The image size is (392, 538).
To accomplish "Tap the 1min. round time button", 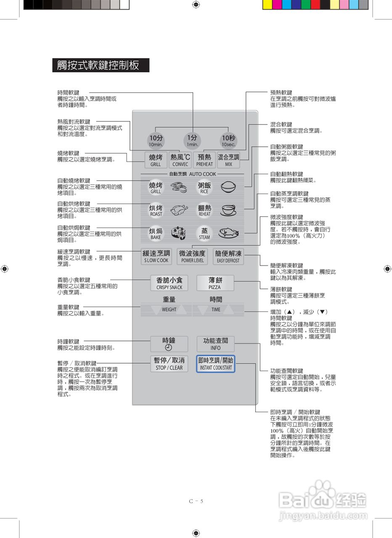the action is pyautogui.click(x=192, y=140).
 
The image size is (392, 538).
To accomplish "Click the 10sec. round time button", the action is pyautogui.click(x=229, y=140).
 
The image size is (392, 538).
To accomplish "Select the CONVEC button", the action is pyautogui.click(x=180, y=160).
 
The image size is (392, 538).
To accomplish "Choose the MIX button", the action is pyautogui.click(x=228, y=160).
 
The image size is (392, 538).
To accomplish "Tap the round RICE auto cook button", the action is pyautogui.click(x=204, y=187).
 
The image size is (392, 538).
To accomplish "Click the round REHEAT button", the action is pyautogui.click(x=204, y=210).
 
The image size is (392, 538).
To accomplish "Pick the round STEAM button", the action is pyautogui.click(x=204, y=233).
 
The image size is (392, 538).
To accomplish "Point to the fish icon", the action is pyautogui.click(x=228, y=233).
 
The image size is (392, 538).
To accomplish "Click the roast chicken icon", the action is pyautogui.click(x=180, y=210).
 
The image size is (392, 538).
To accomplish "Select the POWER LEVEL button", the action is pyautogui.click(x=192, y=256).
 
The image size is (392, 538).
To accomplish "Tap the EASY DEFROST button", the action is pyautogui.click(x=228, y=256).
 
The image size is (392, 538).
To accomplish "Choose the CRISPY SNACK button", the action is pyautogui.click(x=169, y=283).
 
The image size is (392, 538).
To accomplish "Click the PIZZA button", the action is pyautogui.click(x=215, y=283).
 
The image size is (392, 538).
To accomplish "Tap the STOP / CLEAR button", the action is pyautogui.click(x=169, y=364).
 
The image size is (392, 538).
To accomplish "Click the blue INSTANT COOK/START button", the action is pyautogui.click(x=215, y=364).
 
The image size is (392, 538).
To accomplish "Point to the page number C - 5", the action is pyautogui.click(x=196, y=501).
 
